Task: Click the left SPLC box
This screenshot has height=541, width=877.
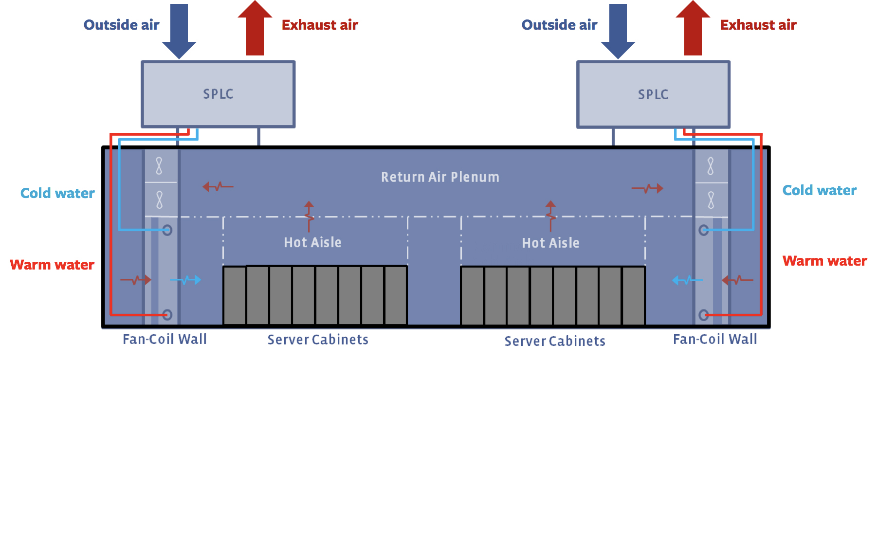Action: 218,94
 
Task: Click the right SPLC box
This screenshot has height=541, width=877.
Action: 653,94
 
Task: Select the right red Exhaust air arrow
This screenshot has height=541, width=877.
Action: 693,29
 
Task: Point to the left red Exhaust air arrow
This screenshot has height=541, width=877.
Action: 255,29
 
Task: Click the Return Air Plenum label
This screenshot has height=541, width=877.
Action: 440,177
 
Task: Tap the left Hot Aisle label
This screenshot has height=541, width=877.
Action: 312,242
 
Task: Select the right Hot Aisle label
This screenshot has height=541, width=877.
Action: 550,243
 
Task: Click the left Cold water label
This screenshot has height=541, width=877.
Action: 57,193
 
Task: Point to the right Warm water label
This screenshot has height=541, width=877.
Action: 824,261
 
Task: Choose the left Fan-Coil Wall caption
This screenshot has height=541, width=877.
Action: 164,339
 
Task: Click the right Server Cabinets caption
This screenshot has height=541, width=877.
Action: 555,341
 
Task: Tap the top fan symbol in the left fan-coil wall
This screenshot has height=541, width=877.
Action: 159,166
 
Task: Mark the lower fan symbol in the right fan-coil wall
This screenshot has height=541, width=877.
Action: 711,200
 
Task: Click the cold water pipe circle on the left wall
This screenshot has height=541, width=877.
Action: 167,230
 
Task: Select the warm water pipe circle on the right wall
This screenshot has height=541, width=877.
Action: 704,315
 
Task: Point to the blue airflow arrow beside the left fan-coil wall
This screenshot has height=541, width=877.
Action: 186,280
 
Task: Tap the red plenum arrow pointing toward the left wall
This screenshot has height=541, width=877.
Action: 218,186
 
